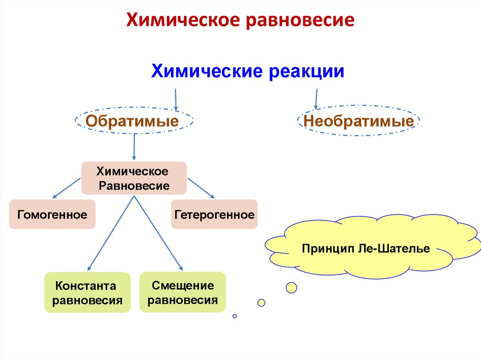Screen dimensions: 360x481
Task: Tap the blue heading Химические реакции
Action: point(248,72)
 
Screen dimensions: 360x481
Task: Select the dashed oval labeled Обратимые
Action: point(133,122)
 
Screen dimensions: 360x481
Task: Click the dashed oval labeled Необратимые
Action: point(358,122)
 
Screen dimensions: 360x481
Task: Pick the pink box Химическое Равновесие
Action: point(134,178)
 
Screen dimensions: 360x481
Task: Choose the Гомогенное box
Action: point(52,214)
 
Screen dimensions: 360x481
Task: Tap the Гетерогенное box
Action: point(214,214)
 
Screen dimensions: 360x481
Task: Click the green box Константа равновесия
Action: point(87,292)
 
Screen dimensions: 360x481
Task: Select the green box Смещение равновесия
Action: point(183,292)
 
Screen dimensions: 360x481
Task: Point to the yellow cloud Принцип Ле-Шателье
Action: point(366,248)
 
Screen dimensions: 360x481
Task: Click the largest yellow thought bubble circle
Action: point(291,288)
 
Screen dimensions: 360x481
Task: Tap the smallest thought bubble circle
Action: point(234,316)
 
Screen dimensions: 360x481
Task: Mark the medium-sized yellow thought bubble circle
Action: point(261,303)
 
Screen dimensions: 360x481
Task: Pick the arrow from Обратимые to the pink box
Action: point(134,146)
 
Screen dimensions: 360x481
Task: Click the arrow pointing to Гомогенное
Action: point(66,187)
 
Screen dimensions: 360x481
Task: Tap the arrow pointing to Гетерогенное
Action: point(201,187)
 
